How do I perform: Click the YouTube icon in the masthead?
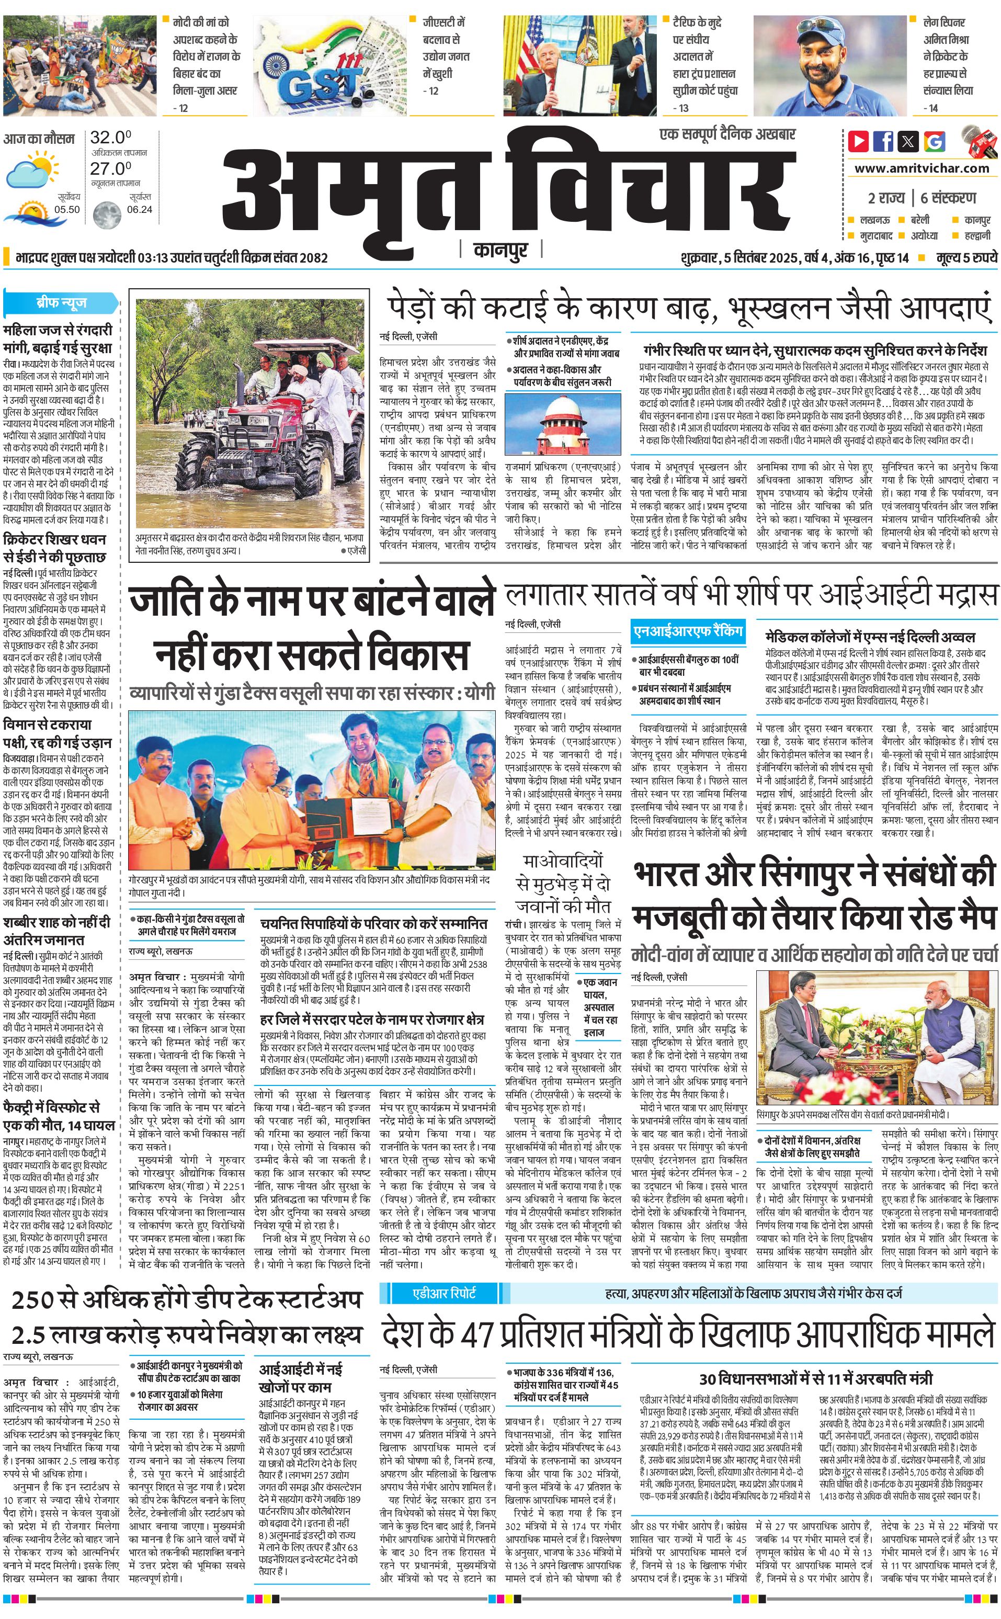click(x=858, y=141)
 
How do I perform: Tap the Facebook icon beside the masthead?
click(x=883, y=141)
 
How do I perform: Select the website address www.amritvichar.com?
click(x=922, y=168)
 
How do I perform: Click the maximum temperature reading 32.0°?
click(x=110, y=138)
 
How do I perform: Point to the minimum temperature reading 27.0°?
click(x=110, y=168)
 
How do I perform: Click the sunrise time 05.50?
click(x=67, y=209)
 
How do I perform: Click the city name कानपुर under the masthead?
click(x=500, y=250)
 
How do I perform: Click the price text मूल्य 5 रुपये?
click(x=966, y=257)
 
